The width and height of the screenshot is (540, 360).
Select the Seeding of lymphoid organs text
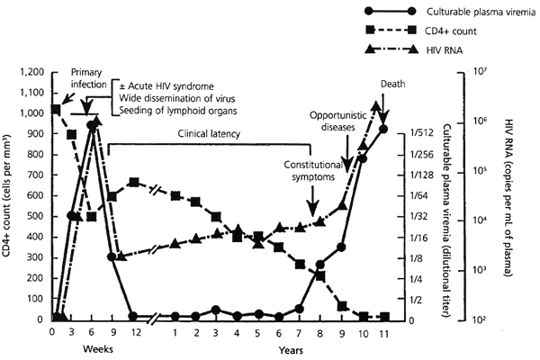pos(171,110)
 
